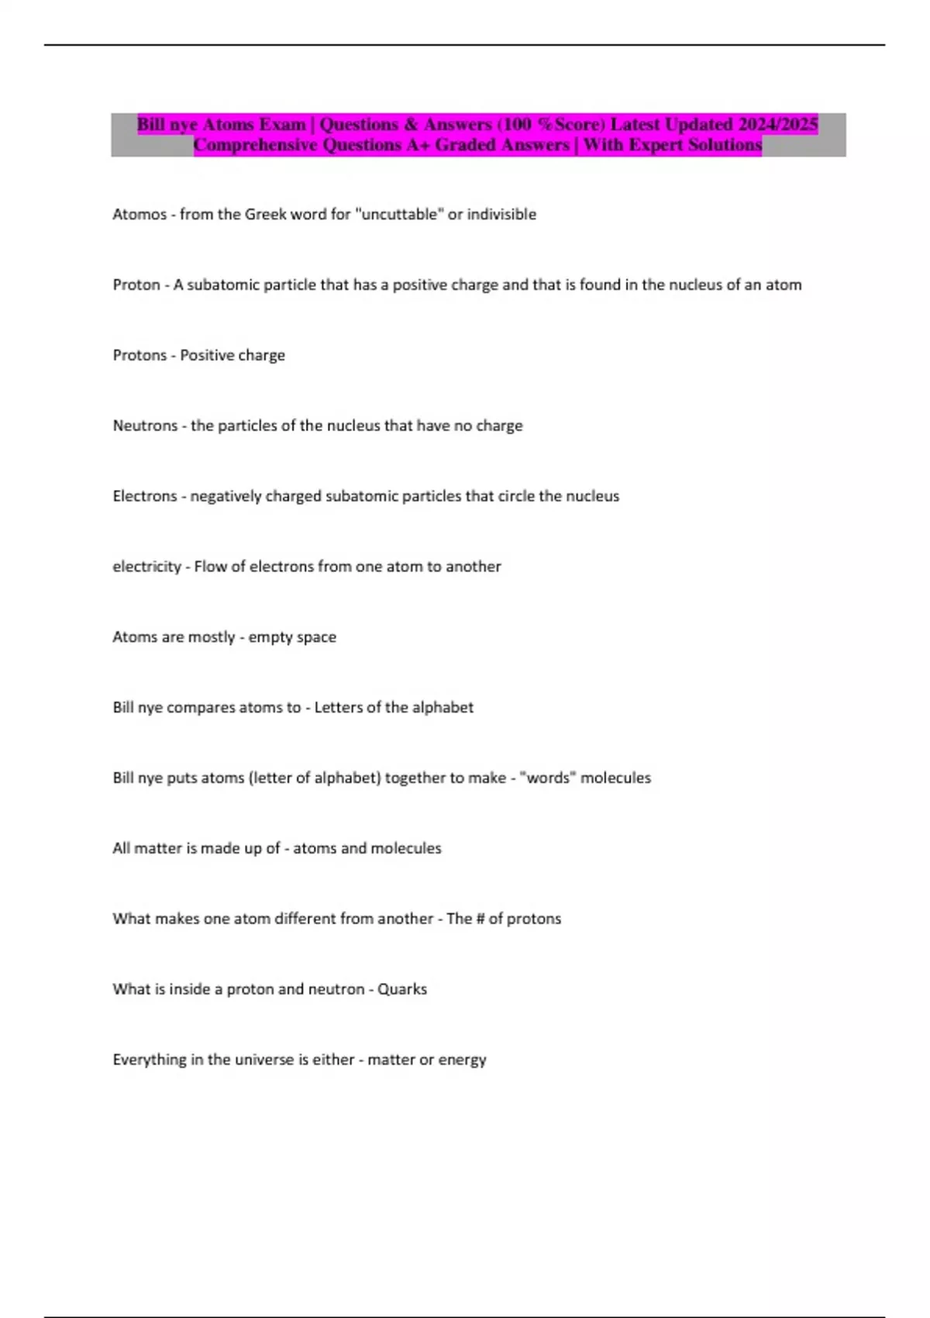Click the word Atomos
click(x=139, y=215)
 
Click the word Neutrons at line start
click(x=145, y=426)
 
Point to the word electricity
click(x=146, y=567)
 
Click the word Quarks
click(x=402, y=989)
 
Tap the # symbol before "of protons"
click(x=480, y=919)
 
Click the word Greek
click(x=265, y=215)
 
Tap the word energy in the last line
click(x=462, y=1060)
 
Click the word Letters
click(x=338, y=707)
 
